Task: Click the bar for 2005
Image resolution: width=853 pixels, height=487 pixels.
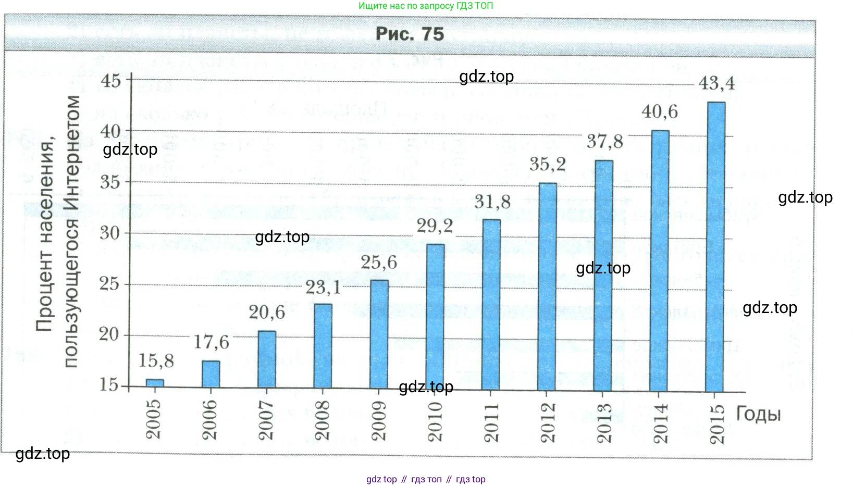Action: tap(155, 383)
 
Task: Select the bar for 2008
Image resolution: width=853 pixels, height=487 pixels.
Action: tap(323, 346)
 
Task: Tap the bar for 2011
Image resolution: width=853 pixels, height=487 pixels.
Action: tap(491, 305)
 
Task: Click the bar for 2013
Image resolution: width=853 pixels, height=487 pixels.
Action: tap(603, 276)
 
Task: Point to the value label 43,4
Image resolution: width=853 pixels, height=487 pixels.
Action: tap(716, 83)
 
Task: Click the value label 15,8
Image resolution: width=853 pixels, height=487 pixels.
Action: tap(156, 360)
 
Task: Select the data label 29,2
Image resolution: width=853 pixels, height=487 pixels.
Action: tap(435, 226)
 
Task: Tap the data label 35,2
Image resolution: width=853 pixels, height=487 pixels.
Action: tap(548, 165)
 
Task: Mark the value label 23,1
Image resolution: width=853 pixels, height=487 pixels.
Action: tap(323, 288)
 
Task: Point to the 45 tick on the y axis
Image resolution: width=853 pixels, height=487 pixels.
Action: tap(110, 81)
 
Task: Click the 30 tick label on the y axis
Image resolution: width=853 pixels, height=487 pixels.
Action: tap(109, 233)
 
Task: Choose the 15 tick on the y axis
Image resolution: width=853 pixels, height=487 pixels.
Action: tap(109, 385)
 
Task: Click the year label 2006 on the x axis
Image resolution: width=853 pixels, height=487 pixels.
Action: tap(209, 420)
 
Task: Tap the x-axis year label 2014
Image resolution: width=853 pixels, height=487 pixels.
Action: tap(660, 423)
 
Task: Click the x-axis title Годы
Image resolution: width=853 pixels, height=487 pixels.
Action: tap(758, 415)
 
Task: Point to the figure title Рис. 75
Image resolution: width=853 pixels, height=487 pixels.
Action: tap(410, 34)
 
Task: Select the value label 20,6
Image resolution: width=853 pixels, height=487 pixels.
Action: tap(267, 313)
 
